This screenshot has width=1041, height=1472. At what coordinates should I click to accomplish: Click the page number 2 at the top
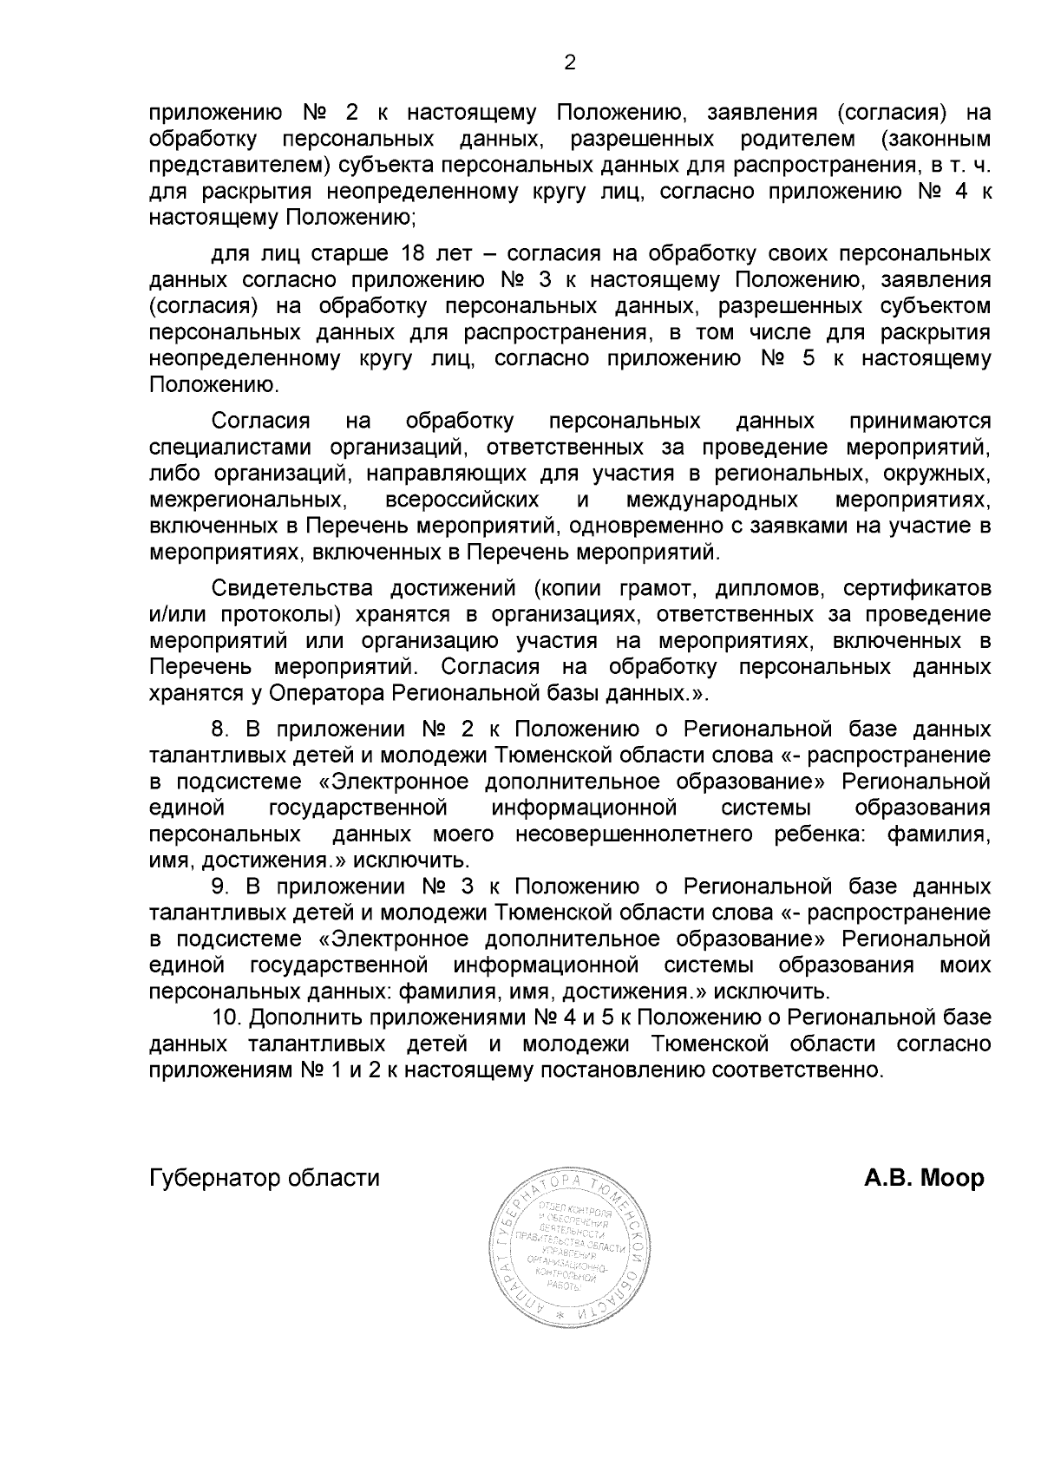coord(570,62)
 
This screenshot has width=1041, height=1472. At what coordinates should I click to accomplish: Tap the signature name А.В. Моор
coord(924,1179)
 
